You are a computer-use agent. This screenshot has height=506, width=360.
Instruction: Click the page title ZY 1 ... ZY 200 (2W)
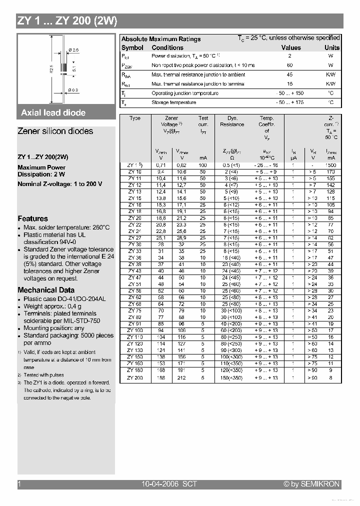pos(67,21)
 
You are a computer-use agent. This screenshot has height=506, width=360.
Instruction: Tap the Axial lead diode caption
pos(53,113)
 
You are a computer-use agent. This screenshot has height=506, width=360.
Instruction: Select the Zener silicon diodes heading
pos(55,131)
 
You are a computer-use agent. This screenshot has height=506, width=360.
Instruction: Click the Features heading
pos(33,218)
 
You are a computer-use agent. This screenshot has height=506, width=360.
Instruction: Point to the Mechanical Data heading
pos(46,290)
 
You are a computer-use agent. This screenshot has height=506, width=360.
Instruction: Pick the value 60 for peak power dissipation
pos(289,65)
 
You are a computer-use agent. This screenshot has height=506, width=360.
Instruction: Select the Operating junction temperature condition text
pos(184,93)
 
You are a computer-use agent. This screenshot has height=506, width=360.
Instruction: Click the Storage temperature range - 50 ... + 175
pos(289,102)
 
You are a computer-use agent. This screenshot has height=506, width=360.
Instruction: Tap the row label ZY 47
pos(135,277)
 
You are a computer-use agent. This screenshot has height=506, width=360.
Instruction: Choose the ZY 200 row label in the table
pos(135,377)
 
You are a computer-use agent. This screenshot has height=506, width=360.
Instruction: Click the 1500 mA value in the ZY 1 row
pos(330,164)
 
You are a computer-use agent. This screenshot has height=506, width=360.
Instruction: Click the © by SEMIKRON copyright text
pos(311,484)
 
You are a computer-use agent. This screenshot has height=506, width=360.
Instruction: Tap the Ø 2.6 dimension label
pos(73,49)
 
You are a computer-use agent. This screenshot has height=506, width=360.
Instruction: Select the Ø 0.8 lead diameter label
pos(73,90)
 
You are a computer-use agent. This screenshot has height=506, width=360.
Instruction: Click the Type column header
pos(135,118)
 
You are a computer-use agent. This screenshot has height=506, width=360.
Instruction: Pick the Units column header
pos(331,48)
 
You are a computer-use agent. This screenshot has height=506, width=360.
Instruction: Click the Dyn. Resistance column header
pos(232,121)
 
